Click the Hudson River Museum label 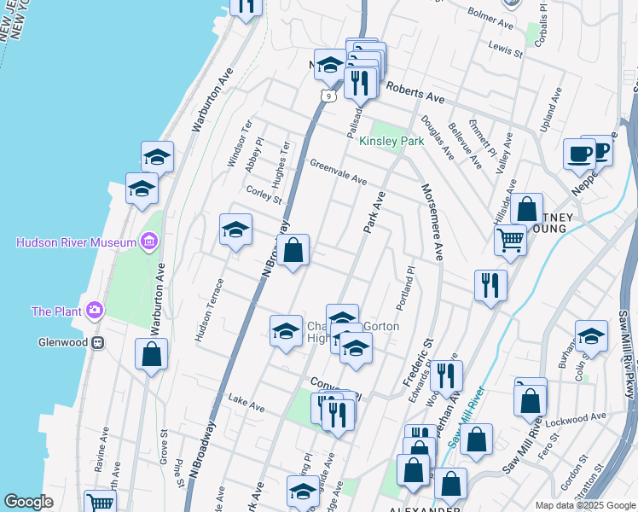click(x=76, y=242)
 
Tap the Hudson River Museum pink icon click(x=150, y=241)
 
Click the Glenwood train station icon click(x=99, y=342)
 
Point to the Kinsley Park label click(x=391, y=141)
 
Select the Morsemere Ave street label click(x=431, y=221)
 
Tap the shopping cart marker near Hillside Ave click(x=511, y=240)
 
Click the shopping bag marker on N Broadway click(x=293, y=251)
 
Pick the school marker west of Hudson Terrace click(x=235, y=230)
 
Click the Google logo click(x=28, y=502)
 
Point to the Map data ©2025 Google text click(x=585, y=504)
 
